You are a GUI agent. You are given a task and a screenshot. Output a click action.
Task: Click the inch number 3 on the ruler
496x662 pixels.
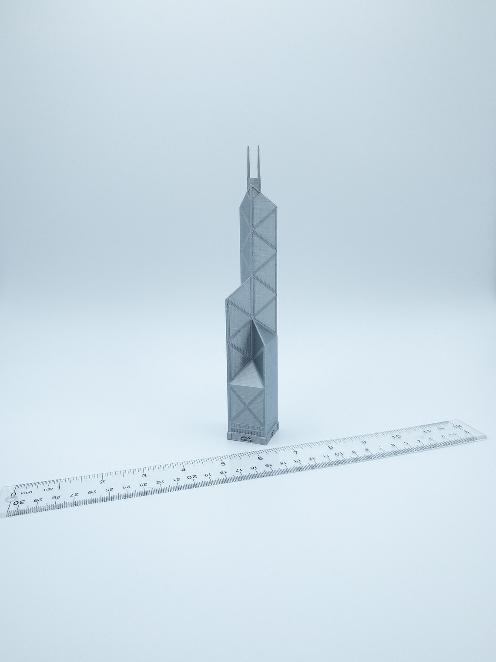pos(144,475)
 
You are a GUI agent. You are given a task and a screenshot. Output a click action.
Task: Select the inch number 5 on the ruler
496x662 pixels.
pos(222,463)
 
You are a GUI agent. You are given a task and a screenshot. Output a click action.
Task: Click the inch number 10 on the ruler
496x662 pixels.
pos(396,436)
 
